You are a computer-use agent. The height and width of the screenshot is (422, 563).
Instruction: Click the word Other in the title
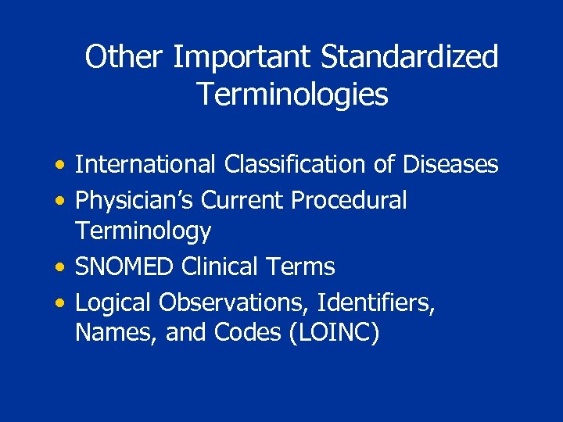coord(125,57)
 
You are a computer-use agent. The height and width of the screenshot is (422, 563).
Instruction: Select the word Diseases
coord(451,165)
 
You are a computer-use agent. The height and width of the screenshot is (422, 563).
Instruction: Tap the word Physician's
coord(134,200)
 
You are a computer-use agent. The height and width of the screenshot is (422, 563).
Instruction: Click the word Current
coord(243,200)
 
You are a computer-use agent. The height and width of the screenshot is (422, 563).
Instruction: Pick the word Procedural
coord(349,200)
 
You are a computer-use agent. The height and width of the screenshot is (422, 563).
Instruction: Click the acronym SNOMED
coord(125,267)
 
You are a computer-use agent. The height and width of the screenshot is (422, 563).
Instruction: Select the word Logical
coord(113,302)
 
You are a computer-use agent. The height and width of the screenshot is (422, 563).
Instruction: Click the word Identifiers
coord(381,302)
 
